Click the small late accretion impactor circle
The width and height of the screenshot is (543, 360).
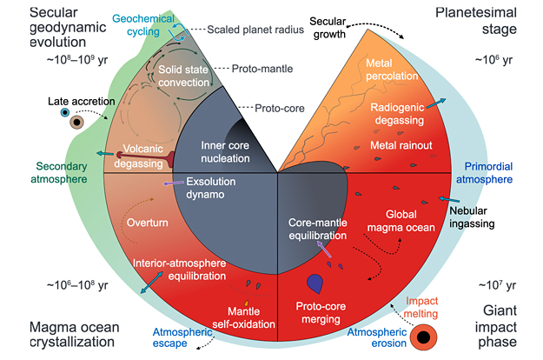pos(64,114)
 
